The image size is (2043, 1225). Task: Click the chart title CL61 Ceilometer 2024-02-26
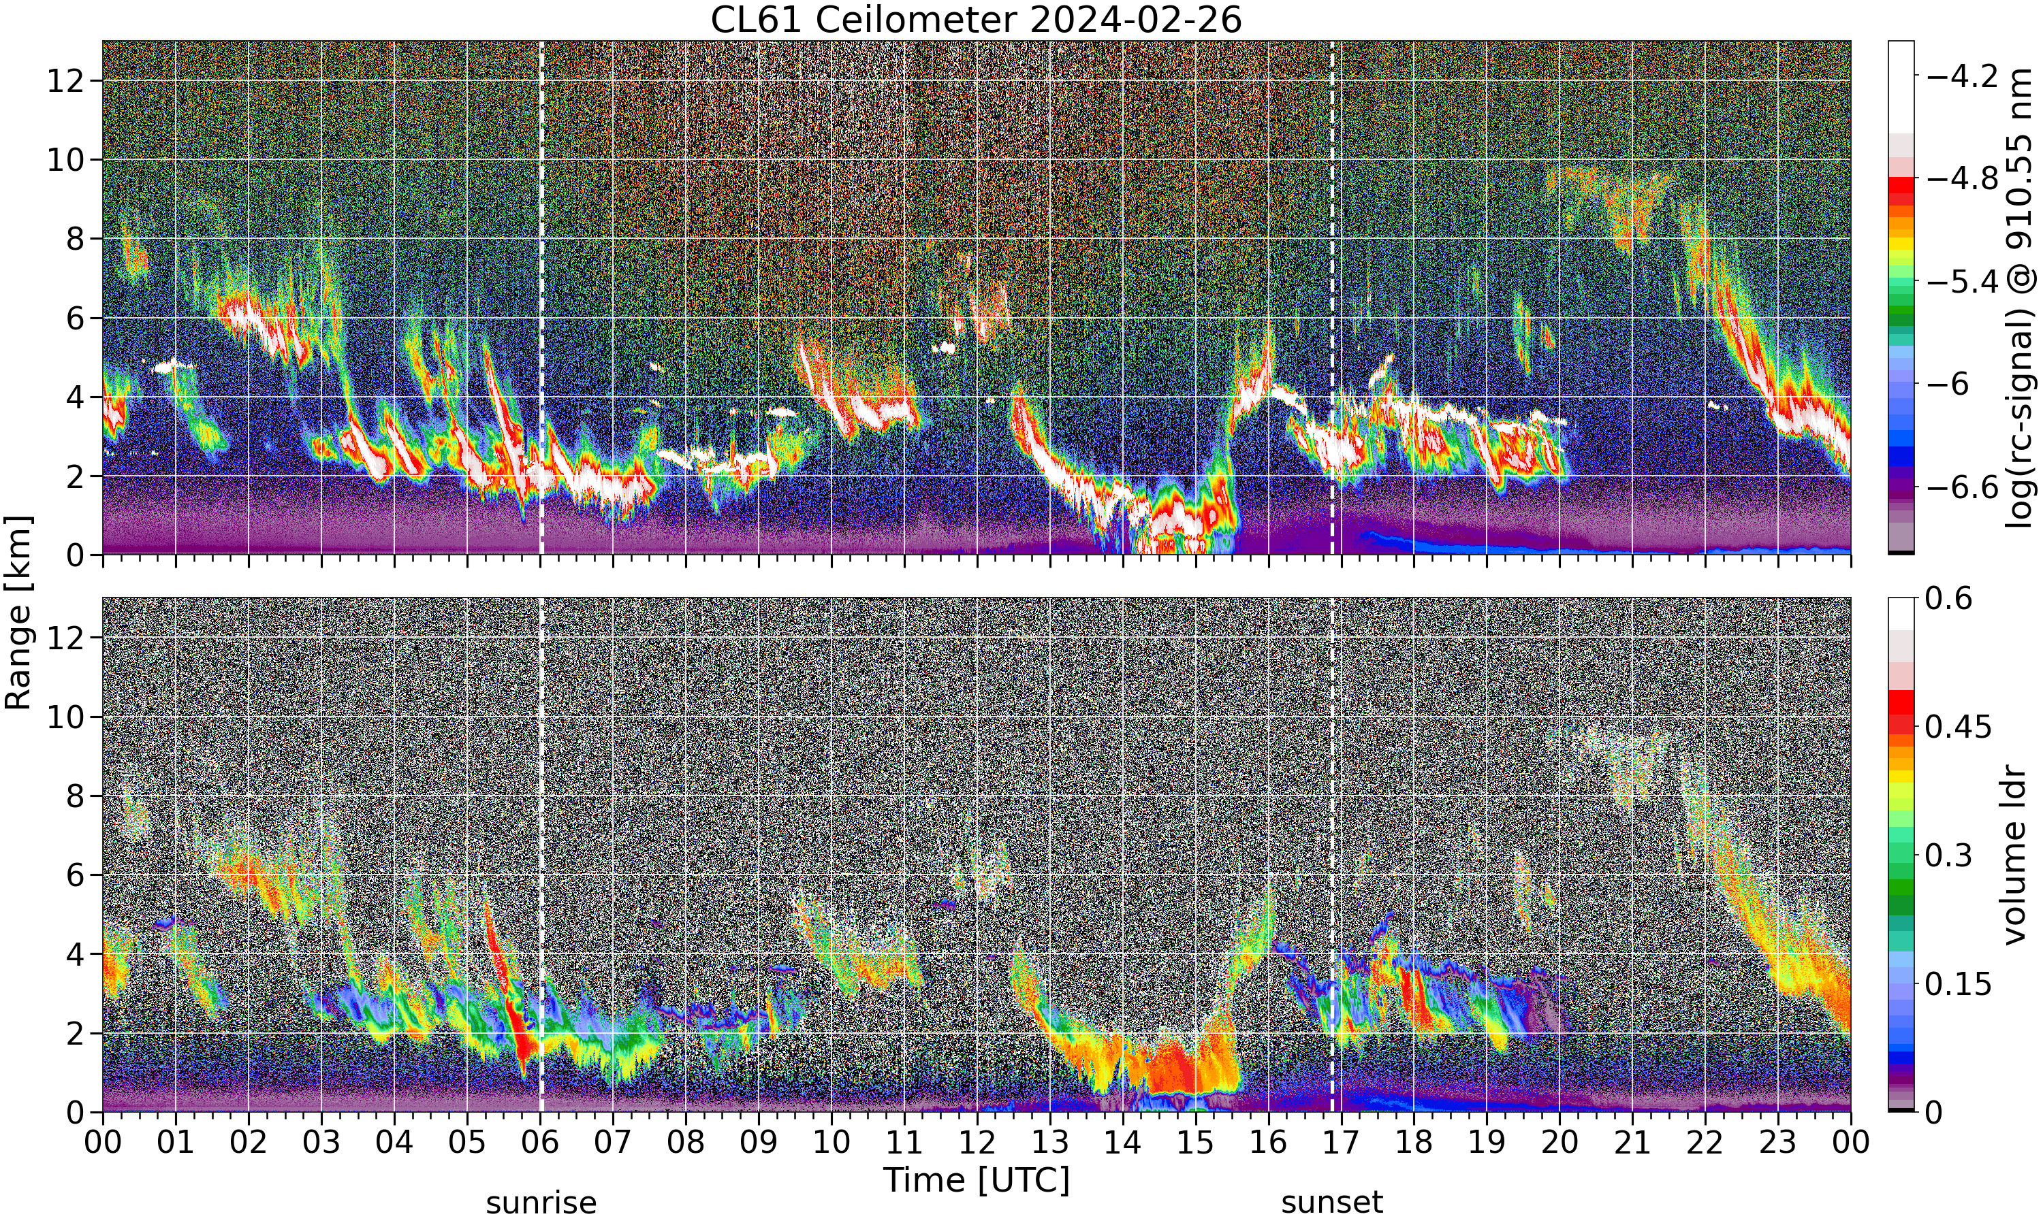pos(976,20)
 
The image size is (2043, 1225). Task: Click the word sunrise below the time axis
pos(541,1203)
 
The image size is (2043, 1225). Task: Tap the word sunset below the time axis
pos(1332,1203)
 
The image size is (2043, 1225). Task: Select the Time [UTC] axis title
pos(976,1179)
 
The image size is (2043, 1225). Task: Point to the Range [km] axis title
pos(18,612)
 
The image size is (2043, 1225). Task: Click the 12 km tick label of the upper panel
pos(65,81)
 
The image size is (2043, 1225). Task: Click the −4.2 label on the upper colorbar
pos(1962,77)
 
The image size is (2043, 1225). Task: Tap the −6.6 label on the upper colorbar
pos(1962,487)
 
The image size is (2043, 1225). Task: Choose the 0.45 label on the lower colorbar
pos(1959,726)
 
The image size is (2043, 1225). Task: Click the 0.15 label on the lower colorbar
pos(1959,984)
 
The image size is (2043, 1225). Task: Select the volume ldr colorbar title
pos(2015,855)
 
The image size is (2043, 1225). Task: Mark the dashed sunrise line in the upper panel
pos(541,297)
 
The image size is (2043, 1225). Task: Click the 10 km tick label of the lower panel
pos(65,717)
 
